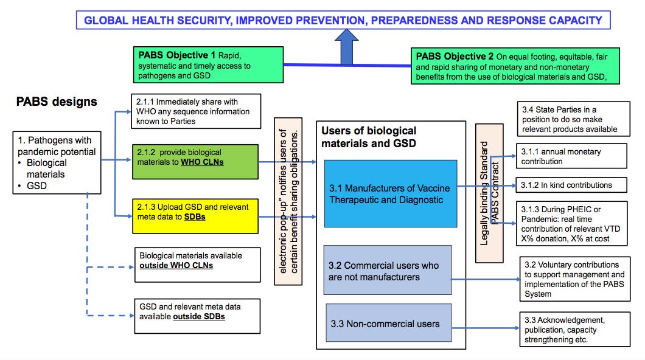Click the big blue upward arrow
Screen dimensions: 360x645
click(x=347, y=49)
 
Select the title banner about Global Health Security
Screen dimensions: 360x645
click(x=343, y=20)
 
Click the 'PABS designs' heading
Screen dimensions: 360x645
click(x=56, y=102)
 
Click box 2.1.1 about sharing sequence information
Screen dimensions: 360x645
click(x=196, y=111)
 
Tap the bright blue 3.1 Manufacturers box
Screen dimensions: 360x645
click(x=390, y=193)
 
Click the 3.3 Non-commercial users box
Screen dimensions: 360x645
click(x=388, y=324)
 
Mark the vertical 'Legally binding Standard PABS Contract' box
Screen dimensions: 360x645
click(x=489, y=193)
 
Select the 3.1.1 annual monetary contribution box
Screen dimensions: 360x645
click(x=571, y=156)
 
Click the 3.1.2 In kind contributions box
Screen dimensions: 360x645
click(x=571, y=185)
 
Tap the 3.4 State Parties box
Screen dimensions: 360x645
click(x=572, y=119)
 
